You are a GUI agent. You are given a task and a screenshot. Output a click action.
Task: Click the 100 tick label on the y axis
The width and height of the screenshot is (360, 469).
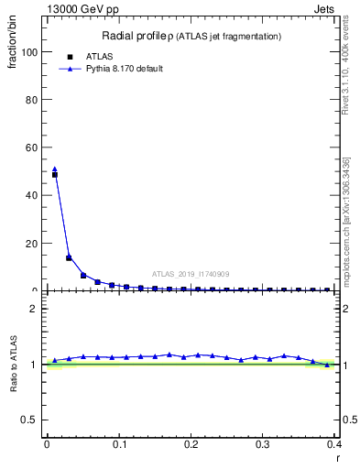coord(31,52)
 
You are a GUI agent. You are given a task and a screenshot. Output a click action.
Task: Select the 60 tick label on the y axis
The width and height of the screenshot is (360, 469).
coord(34,147)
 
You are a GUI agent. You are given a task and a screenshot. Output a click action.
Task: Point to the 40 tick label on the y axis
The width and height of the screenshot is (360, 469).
coord(34,195)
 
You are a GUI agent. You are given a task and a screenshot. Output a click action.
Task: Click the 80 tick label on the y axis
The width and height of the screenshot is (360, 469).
coord(34,100)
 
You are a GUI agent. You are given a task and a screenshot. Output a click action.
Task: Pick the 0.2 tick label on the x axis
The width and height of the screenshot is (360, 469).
coord(191,444)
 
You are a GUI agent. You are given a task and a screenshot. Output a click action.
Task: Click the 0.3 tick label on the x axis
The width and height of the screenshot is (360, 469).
coord(263,444)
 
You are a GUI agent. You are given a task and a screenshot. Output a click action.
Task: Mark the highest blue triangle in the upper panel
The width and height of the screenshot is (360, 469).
coord(54,169)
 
